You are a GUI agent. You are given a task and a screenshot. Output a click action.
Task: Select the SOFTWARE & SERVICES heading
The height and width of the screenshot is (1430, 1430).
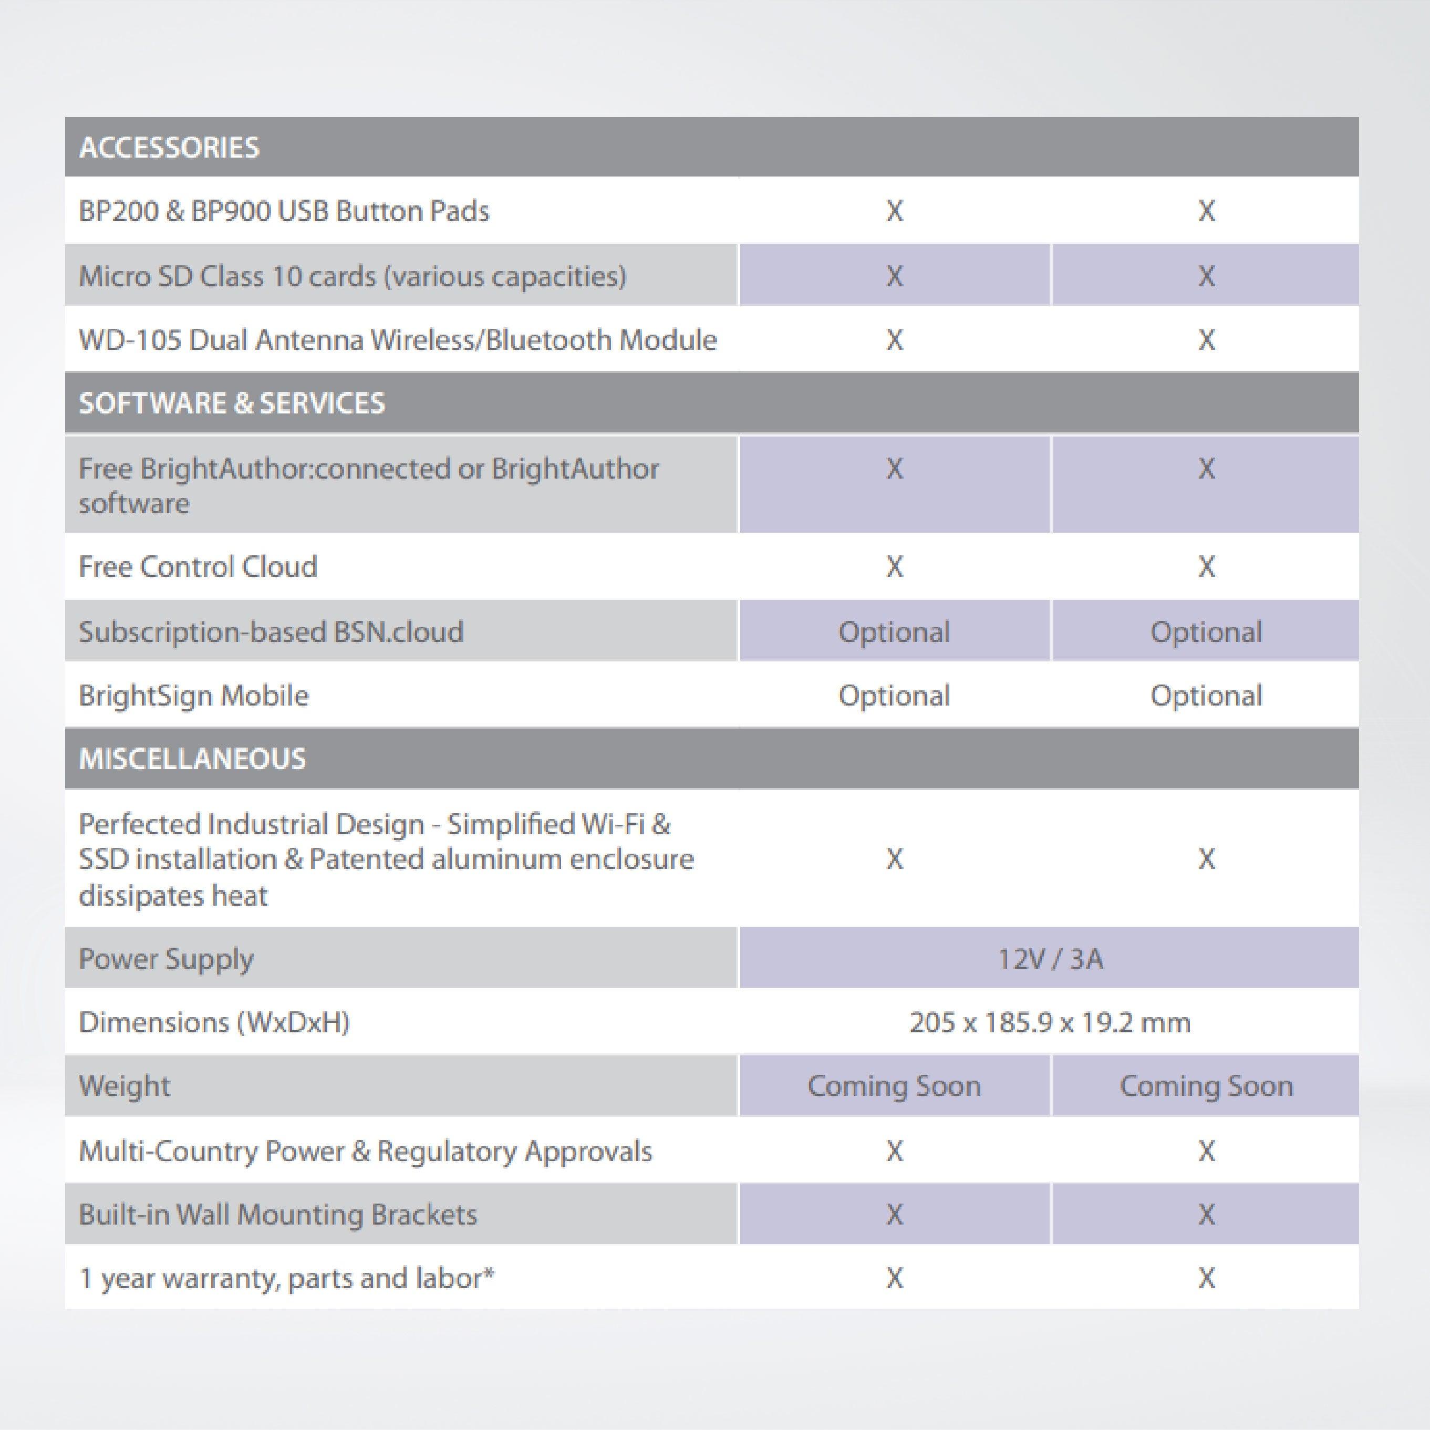coord(232,403)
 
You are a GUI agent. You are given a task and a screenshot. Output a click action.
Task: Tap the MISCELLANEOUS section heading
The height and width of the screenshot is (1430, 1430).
coord(192,759)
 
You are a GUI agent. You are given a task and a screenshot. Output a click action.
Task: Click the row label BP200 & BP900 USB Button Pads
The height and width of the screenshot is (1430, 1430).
coord(284,212)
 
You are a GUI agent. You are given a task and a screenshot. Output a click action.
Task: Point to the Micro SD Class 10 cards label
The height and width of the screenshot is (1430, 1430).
coord(353,276)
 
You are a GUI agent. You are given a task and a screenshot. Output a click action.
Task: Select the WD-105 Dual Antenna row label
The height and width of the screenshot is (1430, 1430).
coord(398,340)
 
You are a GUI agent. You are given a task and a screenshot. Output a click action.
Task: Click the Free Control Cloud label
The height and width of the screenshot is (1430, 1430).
coord(198,567)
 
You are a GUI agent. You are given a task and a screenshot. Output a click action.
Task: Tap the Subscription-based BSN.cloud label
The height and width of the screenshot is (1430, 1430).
coord(271,632)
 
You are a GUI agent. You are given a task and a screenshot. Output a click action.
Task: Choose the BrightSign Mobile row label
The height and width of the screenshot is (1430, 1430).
coord(193,696)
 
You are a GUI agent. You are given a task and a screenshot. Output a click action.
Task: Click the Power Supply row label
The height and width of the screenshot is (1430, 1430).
coord(166,959)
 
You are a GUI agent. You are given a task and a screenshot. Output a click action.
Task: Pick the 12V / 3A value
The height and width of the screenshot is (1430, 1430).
coord(1050,959)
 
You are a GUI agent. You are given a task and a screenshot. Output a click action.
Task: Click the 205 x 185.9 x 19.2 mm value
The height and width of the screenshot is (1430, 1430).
coord(1050,1023)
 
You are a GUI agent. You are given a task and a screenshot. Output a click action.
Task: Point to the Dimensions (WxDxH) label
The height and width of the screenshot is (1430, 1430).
coord(214,1023)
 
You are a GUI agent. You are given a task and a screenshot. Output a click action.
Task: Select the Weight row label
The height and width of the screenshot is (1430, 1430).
coord(125,1086)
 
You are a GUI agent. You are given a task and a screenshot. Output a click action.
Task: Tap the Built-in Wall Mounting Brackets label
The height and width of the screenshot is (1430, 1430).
coord(277,1215)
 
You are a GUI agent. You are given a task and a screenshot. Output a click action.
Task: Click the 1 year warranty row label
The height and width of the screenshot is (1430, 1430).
coord(286,1278)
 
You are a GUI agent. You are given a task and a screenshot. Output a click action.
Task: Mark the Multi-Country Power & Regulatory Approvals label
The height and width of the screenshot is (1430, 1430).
coord(365,1151)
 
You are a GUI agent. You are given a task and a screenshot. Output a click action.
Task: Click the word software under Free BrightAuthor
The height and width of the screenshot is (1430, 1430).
coord(134,504)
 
